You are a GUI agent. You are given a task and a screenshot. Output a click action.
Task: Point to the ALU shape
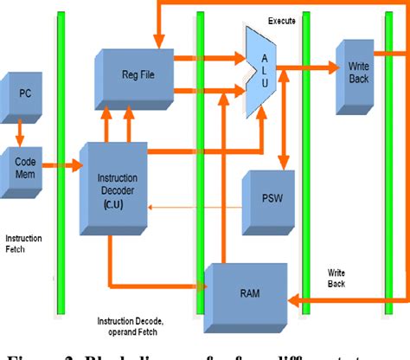[263, 70]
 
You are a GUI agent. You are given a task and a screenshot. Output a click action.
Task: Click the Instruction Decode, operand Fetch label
[144, 325]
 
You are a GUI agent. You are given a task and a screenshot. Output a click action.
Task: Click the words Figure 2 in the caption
[43, 351]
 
